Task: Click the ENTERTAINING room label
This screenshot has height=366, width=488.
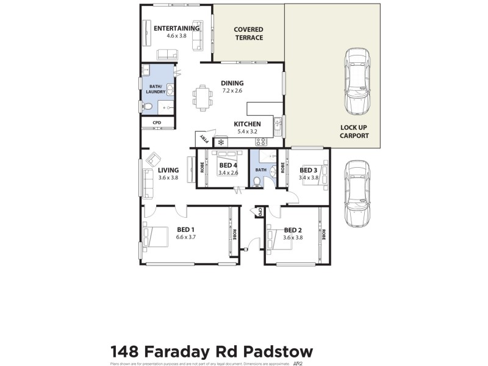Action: (x=176, y=28)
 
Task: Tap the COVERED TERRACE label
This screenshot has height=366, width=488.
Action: (x=249, y=34)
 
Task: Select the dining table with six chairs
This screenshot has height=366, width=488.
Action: (x=203, y=98)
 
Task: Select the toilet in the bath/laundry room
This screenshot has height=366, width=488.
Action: (x=148, y=108)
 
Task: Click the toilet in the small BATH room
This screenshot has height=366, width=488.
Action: (x=257, y=182)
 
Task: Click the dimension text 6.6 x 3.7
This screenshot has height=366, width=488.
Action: (x=185, y=237)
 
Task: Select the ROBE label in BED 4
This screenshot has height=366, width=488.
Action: (x=203, y=165)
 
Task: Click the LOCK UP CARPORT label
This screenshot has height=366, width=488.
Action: (x=354, y=132)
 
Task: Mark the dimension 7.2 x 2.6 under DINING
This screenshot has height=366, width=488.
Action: (x=232, y=91)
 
